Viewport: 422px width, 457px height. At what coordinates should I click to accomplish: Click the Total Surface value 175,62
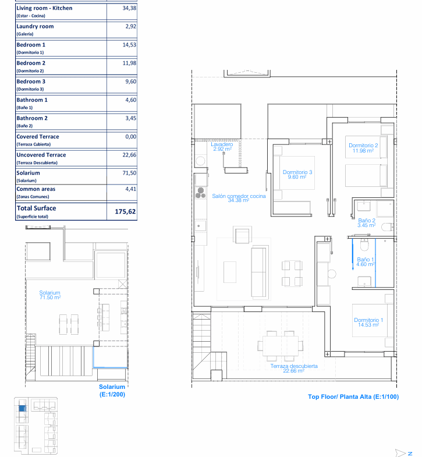point(125,211)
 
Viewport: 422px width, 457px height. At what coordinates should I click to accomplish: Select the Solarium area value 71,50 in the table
point(129,173)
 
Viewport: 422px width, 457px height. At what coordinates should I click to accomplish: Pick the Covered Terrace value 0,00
point(131,136)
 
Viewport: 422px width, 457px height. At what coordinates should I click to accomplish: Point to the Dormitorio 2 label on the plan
point(363,148)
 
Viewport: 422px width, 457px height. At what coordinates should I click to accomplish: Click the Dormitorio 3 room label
point(297,174)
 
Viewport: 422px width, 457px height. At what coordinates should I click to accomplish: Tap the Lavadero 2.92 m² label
point(222,146)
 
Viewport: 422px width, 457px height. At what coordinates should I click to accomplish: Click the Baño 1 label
point(366,262)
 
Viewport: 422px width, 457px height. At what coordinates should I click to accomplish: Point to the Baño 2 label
point(367,222)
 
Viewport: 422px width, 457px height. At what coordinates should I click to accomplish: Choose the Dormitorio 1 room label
point(368,322)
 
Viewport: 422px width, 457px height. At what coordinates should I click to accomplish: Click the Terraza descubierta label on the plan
point(294,368)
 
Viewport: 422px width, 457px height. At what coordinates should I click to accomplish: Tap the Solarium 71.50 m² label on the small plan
point(50,295)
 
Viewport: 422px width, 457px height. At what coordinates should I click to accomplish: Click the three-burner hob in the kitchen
point(200,193)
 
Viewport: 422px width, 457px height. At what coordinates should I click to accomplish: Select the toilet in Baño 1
point(364,245)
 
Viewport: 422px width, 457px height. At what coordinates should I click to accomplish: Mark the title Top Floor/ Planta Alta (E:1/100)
point(353,396)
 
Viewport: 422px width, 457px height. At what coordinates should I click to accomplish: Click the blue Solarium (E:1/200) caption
point(112,391)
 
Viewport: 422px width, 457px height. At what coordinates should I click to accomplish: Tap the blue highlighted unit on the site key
point(23,408)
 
